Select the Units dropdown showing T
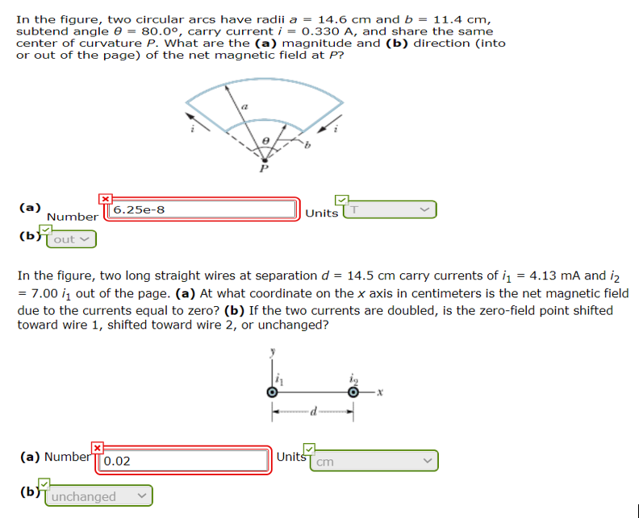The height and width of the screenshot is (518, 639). pos(390,209)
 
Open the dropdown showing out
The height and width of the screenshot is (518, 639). pos(71,238)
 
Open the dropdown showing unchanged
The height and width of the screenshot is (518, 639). pos(99,496)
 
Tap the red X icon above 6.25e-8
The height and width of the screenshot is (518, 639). pos(105,198)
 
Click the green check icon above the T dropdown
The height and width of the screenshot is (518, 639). pos(342,199)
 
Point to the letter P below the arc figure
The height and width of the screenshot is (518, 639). pos(262,168)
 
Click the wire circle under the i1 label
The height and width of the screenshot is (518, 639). pos(273,392)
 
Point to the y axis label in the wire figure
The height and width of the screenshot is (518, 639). pos(273,351)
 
